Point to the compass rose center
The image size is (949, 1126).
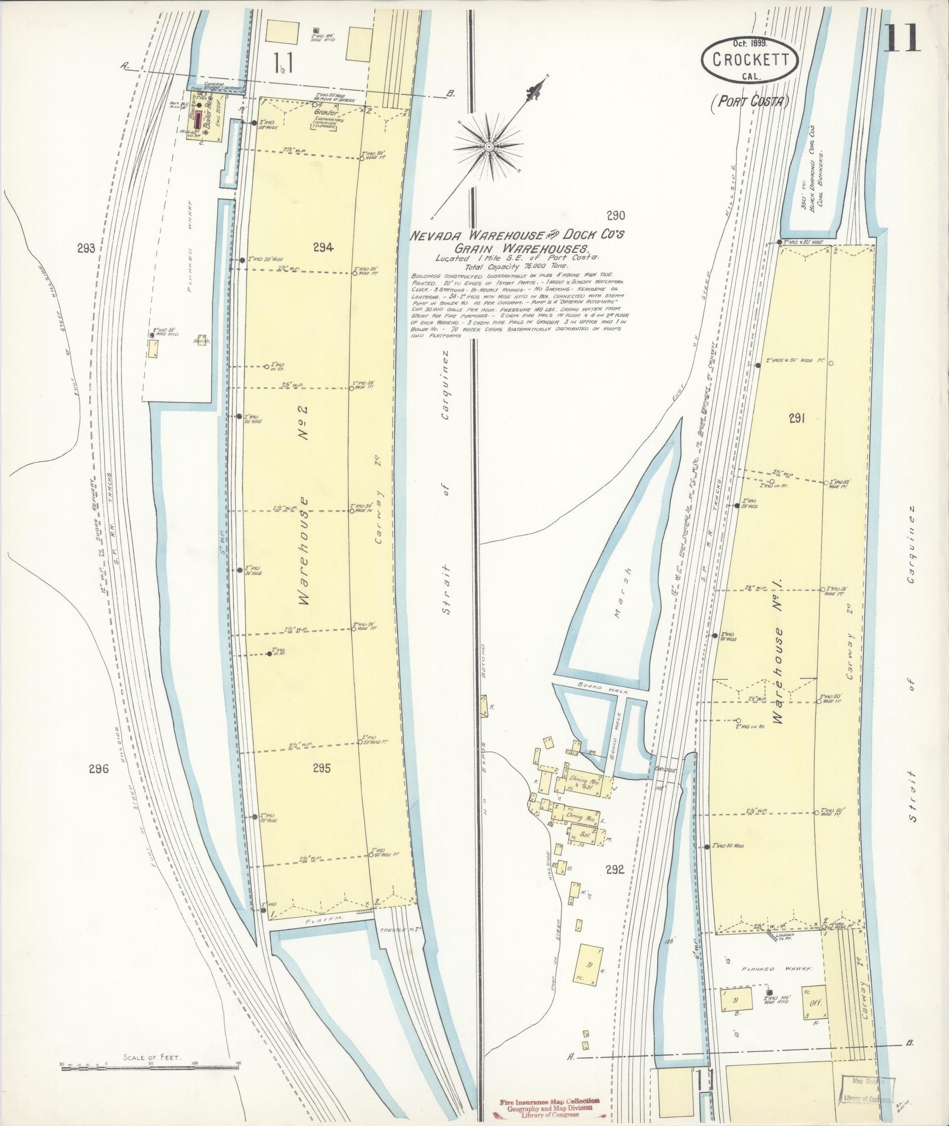[488, 145]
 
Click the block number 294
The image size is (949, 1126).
[323, 248]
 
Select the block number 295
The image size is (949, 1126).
[322, 768]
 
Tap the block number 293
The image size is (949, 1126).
[86, 248]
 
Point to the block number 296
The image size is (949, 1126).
[99, 768]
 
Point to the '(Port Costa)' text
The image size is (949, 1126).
[748, 102]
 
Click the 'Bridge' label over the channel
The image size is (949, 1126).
[667, 770]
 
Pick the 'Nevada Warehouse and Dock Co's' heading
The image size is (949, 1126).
[518, 235]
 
